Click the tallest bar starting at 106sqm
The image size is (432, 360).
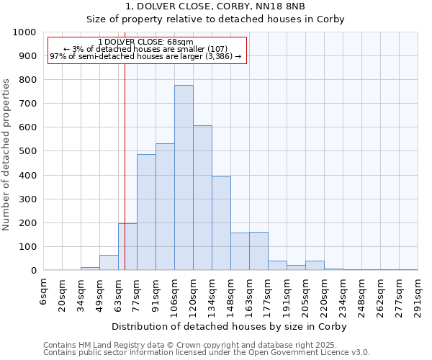(184, 178)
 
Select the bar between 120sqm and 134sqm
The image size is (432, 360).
(202, 198)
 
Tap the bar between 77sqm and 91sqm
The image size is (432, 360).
(146, 212)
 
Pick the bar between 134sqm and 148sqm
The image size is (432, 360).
(221, 223)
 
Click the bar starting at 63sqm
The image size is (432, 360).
(127, 247)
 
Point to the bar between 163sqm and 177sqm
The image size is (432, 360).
(258, 251)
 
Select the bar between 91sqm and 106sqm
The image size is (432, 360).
(165, 207)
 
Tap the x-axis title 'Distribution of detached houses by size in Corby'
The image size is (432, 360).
(230, 326)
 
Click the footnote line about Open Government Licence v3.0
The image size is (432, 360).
(207, 352)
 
